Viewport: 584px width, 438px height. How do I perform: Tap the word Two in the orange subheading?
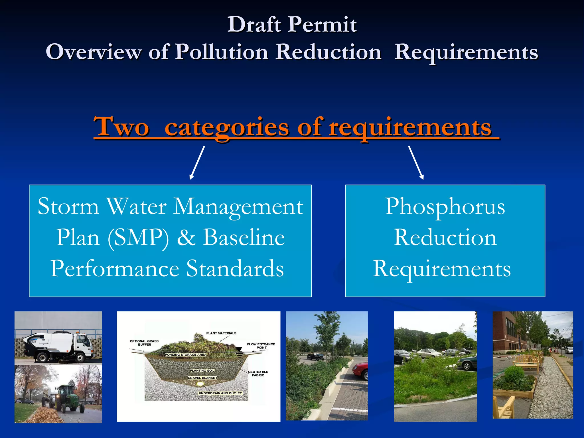[121, 127]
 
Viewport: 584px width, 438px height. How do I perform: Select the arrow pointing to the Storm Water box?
[197, 163]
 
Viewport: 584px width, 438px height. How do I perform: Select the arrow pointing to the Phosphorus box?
[416, 163]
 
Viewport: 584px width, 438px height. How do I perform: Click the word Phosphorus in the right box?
[445, 206]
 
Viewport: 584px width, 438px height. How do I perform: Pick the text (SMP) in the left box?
[138, 238]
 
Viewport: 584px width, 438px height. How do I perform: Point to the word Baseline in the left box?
[244, 238]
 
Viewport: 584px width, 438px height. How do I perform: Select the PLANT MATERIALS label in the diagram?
[221, 333]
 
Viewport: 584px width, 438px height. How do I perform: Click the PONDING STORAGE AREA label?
[185, 355]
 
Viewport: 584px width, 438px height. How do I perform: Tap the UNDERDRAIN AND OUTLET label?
[220, 393]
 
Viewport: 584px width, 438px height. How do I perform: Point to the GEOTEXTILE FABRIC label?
[258, 374]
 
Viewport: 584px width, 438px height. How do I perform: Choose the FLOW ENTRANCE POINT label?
[261, 346]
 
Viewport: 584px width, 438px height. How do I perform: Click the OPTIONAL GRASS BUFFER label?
[144, 343]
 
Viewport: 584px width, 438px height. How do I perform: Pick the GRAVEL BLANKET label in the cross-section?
[202, 378]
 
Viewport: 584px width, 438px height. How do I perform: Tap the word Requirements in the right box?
[442, 269]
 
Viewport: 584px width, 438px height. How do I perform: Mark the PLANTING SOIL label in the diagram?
[202, 371]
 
